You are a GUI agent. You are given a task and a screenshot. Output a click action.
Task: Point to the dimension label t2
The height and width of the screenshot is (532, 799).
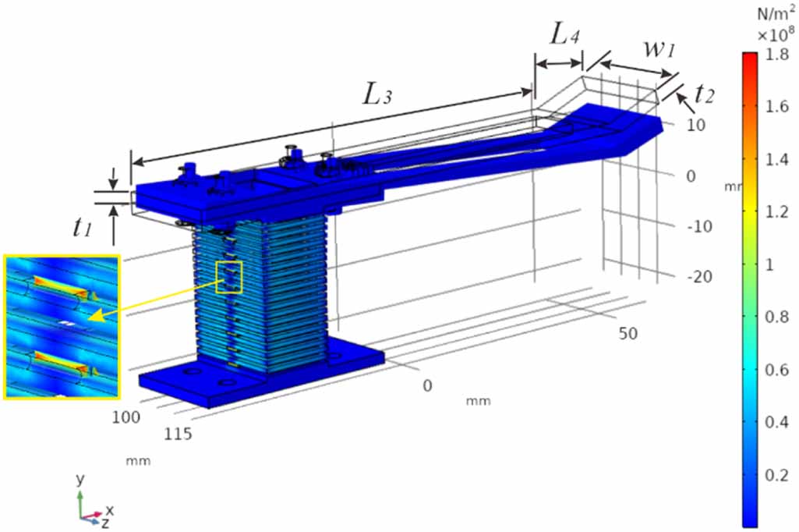point(704,94)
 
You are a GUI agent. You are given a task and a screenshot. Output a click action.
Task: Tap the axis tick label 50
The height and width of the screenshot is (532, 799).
point(628,334)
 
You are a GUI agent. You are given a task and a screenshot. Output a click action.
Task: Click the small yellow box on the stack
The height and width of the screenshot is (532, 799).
point(231,277)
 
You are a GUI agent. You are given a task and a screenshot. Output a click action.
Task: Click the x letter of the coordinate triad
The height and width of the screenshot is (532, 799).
point(110,510)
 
